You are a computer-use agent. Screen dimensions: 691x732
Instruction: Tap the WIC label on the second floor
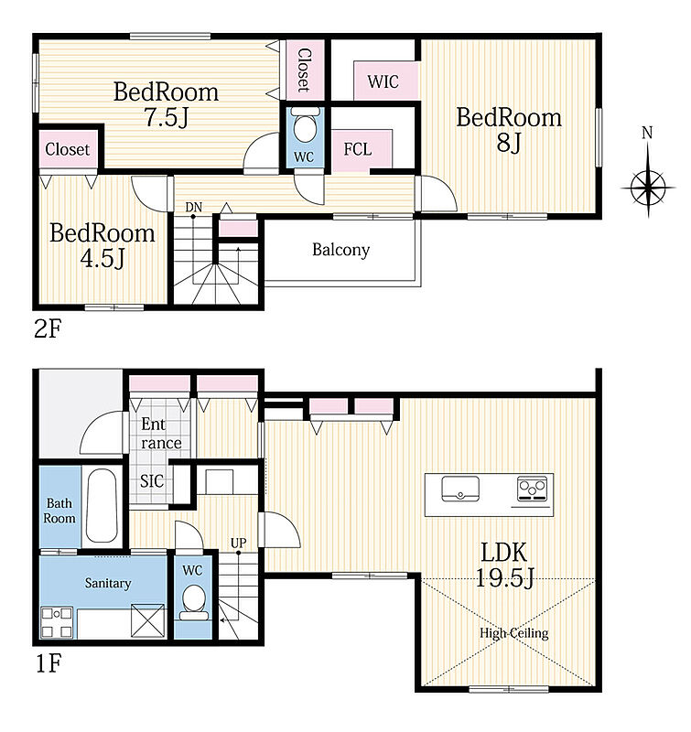coord(383,81)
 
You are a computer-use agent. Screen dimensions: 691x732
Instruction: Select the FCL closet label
coord(358,149)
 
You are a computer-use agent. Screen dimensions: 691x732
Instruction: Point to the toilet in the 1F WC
coord(194,602)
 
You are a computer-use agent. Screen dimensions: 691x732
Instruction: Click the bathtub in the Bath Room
coord(102,505)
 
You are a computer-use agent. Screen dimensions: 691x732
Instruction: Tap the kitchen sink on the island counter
coord(460,489)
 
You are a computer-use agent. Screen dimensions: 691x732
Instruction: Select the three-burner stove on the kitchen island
coord(533,490)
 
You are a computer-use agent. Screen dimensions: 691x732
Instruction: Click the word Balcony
coord(340,250)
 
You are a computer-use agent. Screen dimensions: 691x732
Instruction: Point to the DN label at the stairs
coord(194,207)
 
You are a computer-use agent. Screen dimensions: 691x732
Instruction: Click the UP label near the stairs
coord(238,543)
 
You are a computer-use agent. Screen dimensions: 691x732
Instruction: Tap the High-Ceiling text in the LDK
coord(514,633)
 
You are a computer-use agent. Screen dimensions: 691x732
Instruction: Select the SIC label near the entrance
coord(152,481)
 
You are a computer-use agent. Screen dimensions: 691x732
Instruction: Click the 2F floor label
coord(49,329)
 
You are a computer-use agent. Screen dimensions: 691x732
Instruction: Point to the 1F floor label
coord(49,662)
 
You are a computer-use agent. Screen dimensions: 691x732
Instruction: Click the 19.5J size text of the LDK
coord(504,578)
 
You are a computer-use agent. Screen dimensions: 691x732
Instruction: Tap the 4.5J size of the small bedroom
coord(103,258)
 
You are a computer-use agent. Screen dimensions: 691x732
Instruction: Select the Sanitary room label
coord(108,583)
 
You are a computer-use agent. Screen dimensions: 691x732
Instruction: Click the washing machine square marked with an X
coord(148,620)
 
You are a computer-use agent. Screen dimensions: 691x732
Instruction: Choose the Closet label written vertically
coord(304,70)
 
